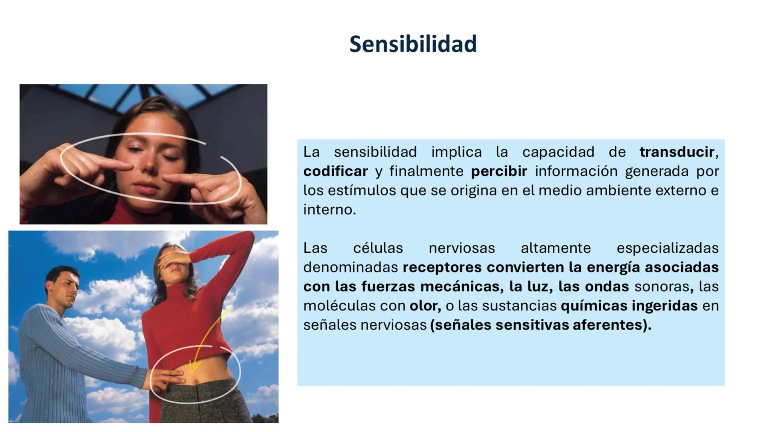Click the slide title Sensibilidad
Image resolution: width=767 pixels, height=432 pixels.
413,44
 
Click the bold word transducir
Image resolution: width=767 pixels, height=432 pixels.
677,152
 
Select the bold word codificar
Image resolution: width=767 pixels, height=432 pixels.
335,171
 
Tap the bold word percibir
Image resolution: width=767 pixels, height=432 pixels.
499,171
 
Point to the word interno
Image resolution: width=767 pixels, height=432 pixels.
329,210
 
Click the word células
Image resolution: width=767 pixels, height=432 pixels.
378,248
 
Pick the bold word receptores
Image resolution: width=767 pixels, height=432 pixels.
442,267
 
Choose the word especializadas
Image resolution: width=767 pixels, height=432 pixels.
667,248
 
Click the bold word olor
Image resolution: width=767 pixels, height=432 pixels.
424,306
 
